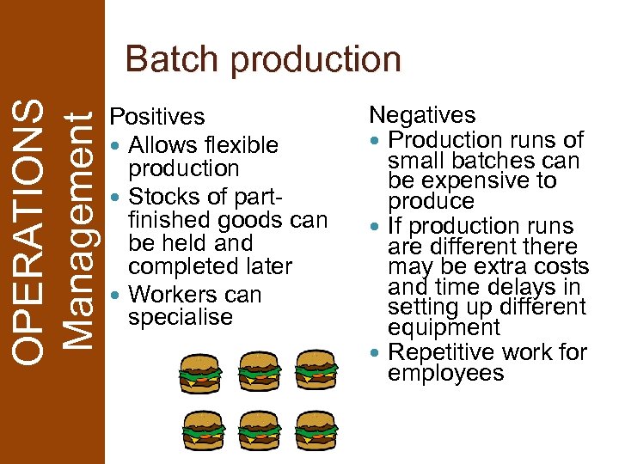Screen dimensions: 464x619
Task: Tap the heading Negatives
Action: pyautogui.click(x=422, y=115)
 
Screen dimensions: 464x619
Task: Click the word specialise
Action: pyautogui.click(x=181, y=318)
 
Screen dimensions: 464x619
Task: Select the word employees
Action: pyautogui.click(x=445, y=374)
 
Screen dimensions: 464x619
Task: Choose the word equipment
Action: pyautogui.click(x=444, y=328)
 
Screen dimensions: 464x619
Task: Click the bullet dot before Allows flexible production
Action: pyautogui.click(x=116, y=146)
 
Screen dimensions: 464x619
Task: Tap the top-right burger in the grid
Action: pyautogui.click(x=316, y=371)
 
